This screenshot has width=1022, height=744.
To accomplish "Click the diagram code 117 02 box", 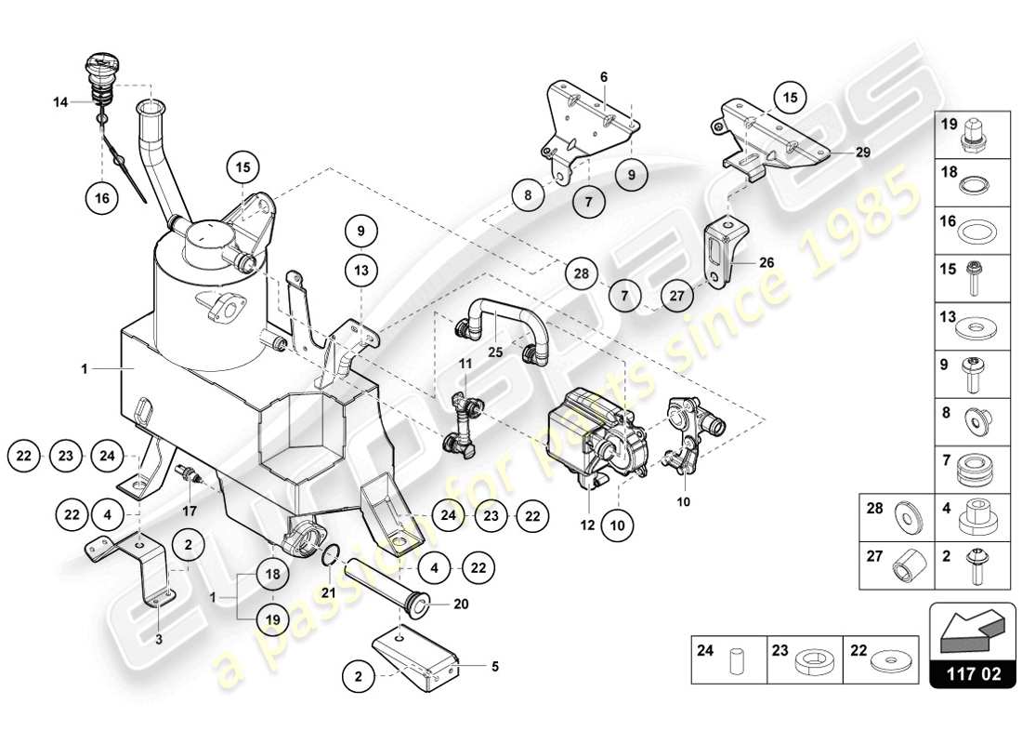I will click(x=973, y=673).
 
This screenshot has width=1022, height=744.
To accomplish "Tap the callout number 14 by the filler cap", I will click(x=60, y=103).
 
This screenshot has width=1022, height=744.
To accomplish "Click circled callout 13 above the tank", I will click(x=361, y=271).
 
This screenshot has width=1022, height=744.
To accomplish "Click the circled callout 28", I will click(x=582, y=273).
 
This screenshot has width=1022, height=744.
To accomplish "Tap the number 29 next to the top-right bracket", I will click(x=863, y=153).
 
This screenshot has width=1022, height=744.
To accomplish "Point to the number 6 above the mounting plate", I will click(x=603, y=76).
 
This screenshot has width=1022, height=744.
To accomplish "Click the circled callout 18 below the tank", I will click(x=272, y=574).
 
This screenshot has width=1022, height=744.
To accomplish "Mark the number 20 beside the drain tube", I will click(x=461, y=603).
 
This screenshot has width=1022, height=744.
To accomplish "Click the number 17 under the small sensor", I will click(x=189, y=510).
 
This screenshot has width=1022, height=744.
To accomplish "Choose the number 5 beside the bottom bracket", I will click(x=495, y=665).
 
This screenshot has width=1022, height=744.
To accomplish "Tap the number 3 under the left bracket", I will click(x=159, y=640).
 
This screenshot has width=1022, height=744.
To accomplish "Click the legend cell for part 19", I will click(x=976, y=135).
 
